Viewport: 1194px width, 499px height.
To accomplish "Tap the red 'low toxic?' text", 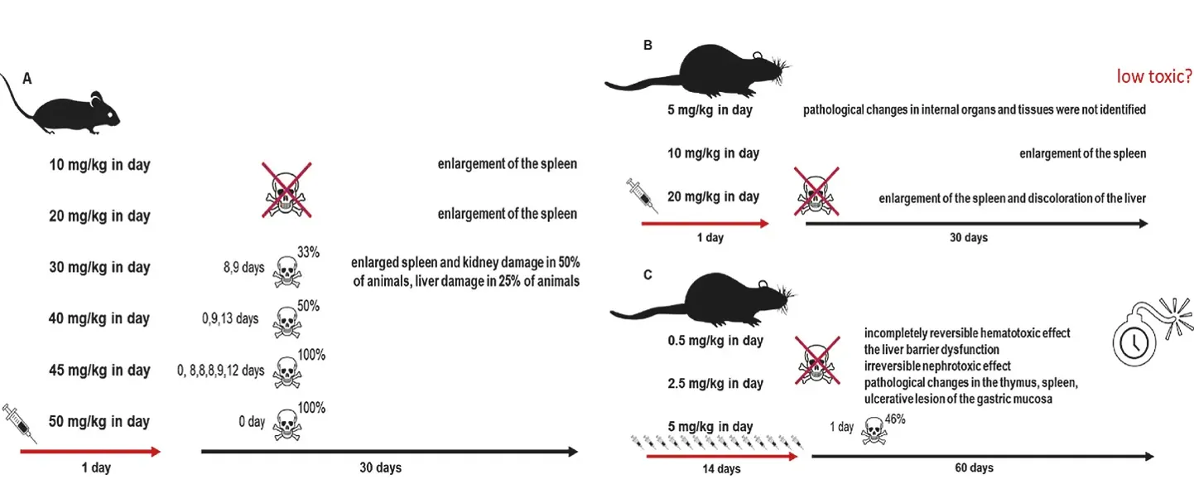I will [x=1154, y=77].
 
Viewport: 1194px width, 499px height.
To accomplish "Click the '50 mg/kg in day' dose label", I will [x=99, y=421].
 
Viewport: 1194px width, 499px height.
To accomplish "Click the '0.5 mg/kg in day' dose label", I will [x=715, y=341].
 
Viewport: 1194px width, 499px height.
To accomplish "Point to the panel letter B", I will [x=648, y=46].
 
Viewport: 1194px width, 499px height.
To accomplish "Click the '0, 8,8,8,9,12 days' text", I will [x=221, y=370].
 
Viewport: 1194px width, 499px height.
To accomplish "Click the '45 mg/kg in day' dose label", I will [x=99, y=370].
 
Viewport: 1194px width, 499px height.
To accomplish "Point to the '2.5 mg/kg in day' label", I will [x=715, y=384].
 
